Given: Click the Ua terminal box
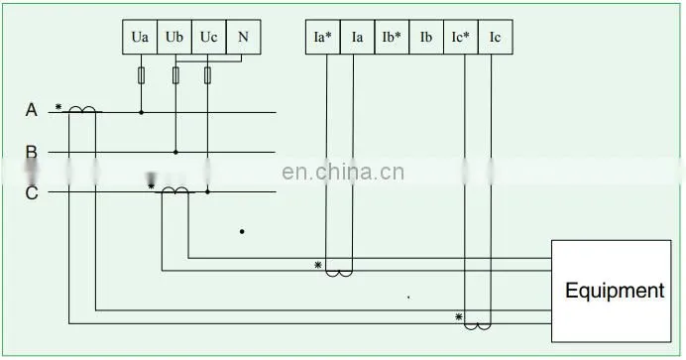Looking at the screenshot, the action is pos(140,37).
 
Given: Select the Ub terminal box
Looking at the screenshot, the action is pos(174,37).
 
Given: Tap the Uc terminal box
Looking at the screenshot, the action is pos(209,37).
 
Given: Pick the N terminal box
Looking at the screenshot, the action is pos(243,37).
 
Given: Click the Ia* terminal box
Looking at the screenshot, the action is pos(323,37).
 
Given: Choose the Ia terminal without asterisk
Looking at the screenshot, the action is pos(357,37).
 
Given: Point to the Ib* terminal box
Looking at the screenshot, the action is pos(392,37).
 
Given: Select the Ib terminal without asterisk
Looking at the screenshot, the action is pos(426,37).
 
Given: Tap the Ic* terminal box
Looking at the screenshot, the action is pos(461,37).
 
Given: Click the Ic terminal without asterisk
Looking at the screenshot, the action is pos(496,37).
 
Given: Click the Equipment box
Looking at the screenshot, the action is pos(612,291).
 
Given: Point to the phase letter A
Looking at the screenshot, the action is pos(31,110).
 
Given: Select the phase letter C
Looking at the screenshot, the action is pos(32,193).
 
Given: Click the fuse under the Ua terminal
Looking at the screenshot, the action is pos(141,75).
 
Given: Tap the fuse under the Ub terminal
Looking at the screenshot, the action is pos(175,75).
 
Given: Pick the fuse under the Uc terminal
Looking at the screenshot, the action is pos(207,75).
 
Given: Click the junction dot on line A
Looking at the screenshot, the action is pos(141,112).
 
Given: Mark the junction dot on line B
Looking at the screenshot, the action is pos(175,152).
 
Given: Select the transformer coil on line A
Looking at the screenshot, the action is pos(82,109).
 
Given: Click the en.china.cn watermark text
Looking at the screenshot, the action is pos(343,172).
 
